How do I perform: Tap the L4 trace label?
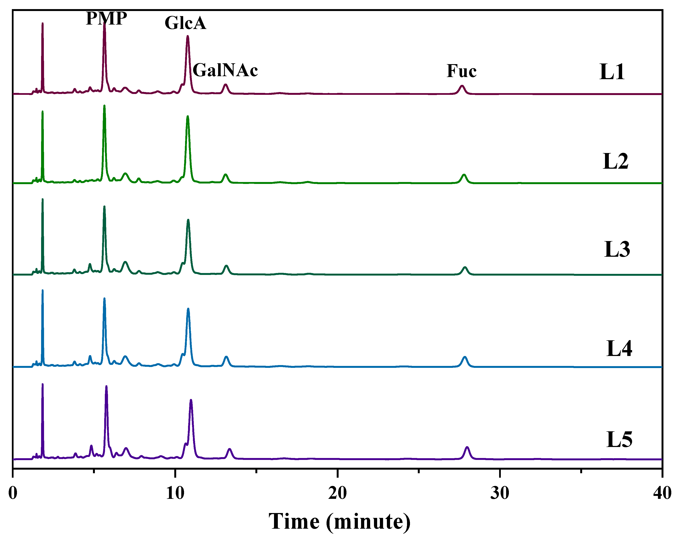(619, 348)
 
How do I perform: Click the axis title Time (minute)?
(339, 522)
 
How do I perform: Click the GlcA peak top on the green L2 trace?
(188, 117)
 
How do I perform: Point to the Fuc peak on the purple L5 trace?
(467, 447)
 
